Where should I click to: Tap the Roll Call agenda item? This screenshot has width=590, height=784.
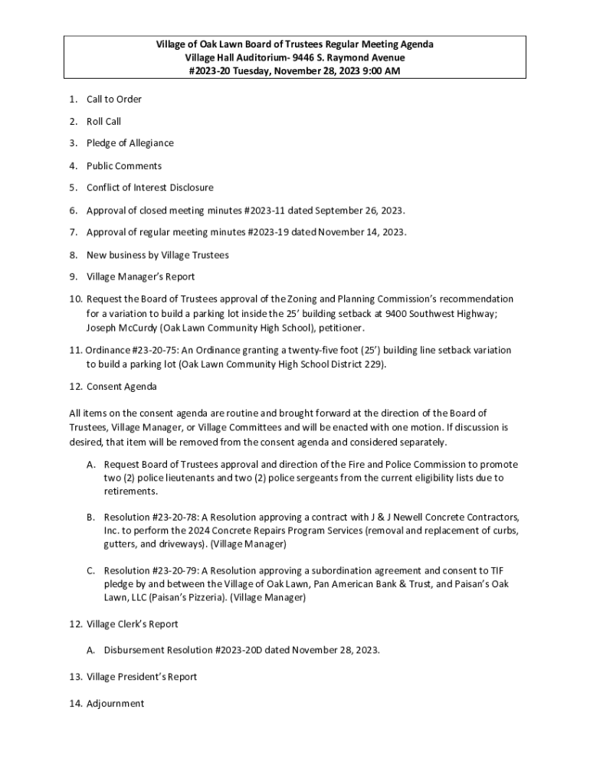(x=103, y=121)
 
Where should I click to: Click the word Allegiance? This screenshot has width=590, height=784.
(x=149, y=143)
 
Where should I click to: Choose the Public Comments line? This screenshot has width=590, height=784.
(x=124, y=165)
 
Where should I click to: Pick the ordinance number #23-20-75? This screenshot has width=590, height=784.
(x=159, y=350)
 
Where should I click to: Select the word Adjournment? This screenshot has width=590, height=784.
(x=115, y=703)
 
